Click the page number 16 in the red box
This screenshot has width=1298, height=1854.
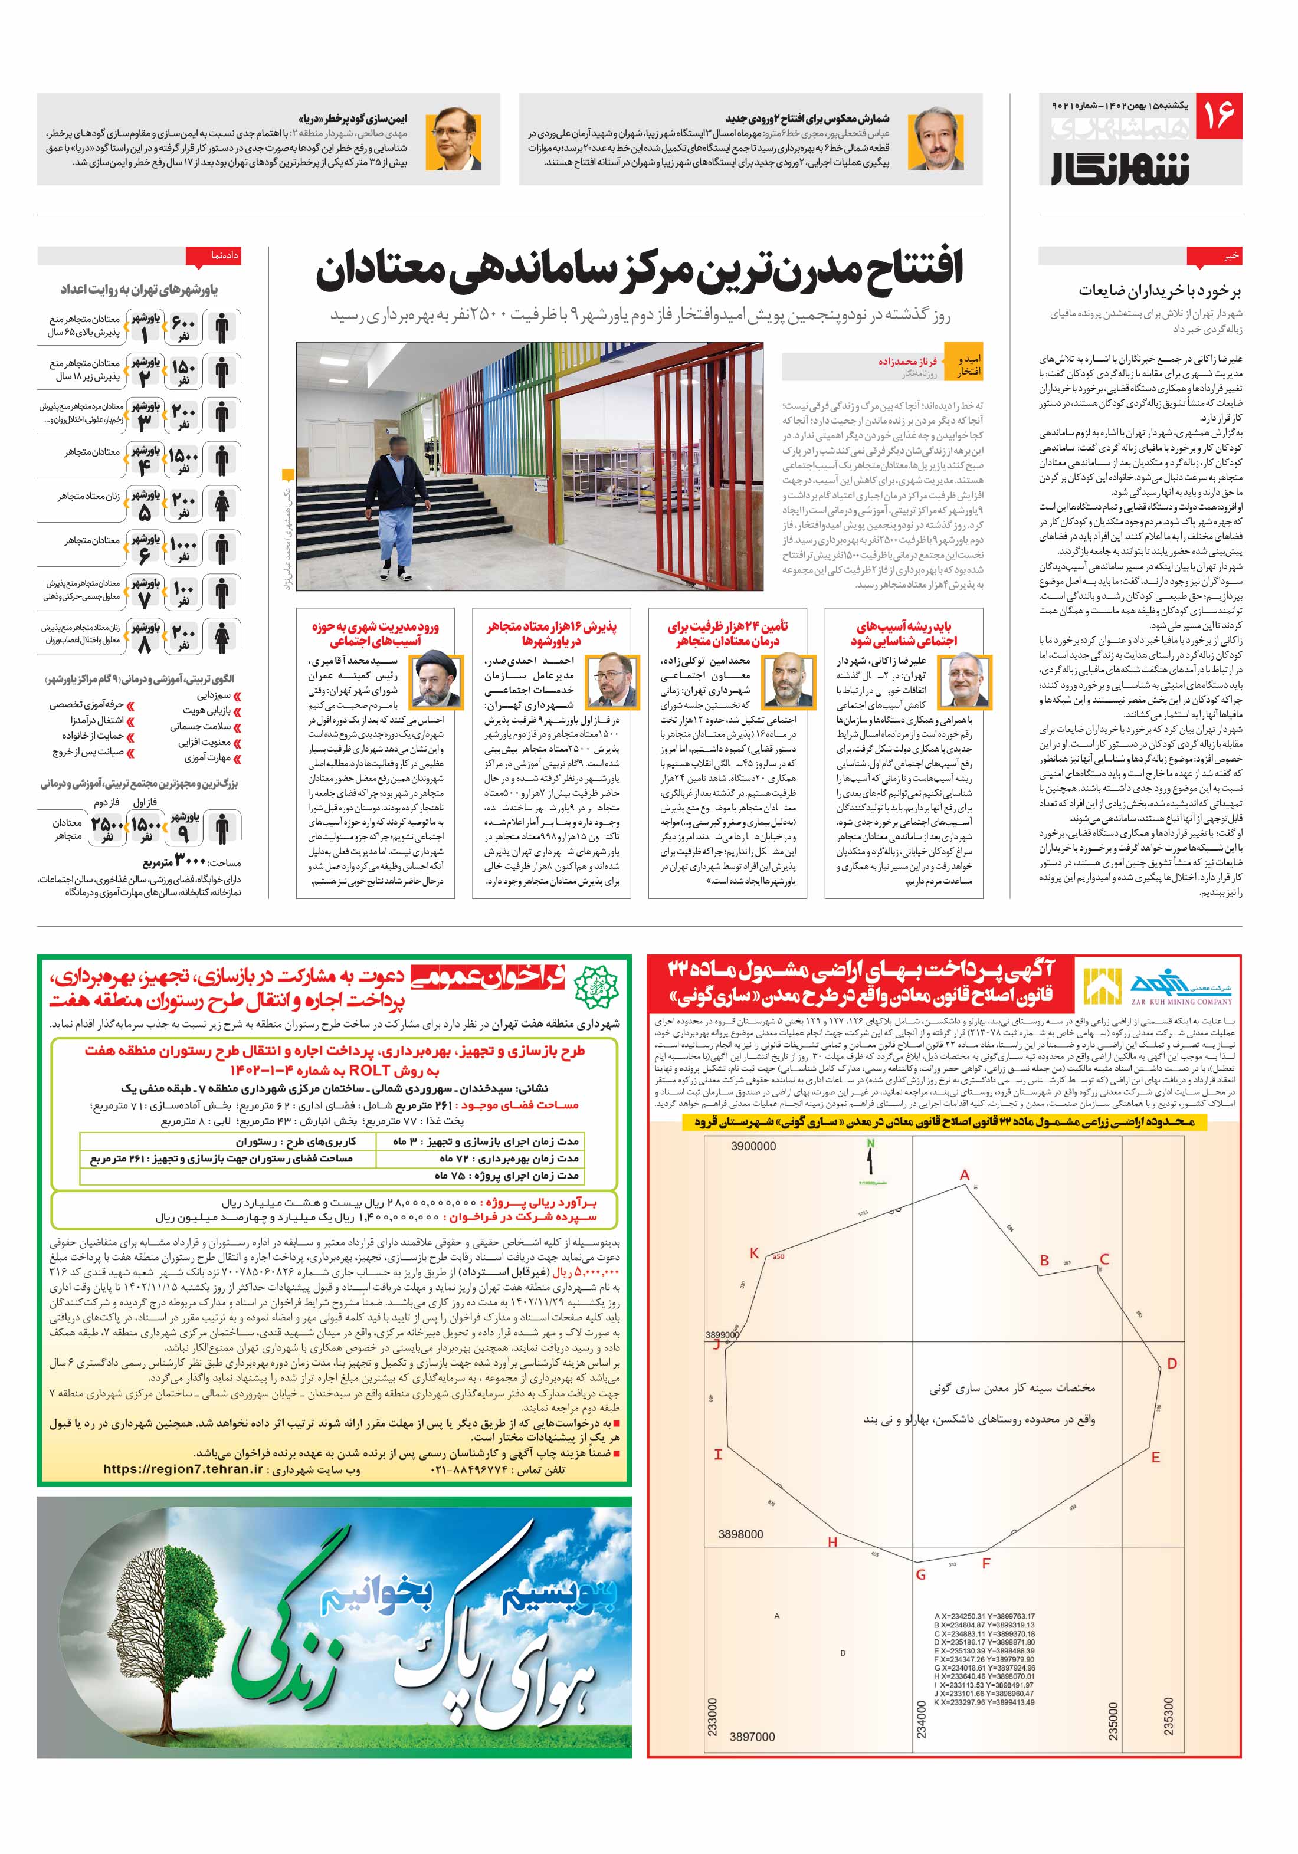pos(1217,114)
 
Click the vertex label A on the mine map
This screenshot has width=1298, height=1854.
pos(963,1176)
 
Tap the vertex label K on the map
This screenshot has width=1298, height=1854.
pos(753,1253)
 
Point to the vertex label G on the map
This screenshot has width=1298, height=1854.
pos(920,1574)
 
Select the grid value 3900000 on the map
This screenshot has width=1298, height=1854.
pos(753,1146)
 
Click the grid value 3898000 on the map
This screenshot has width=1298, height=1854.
pos(740,1534)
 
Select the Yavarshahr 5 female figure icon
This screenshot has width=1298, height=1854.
pos(222,505)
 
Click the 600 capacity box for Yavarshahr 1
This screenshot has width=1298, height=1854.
pos(183,327)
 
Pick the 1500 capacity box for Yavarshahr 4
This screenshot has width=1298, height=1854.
pos(183,460)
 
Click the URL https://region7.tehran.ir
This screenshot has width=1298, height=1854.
pos(183,1469)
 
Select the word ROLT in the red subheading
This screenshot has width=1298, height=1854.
pos(369,1071)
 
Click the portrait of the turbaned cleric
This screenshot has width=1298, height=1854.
pos(435,681)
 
